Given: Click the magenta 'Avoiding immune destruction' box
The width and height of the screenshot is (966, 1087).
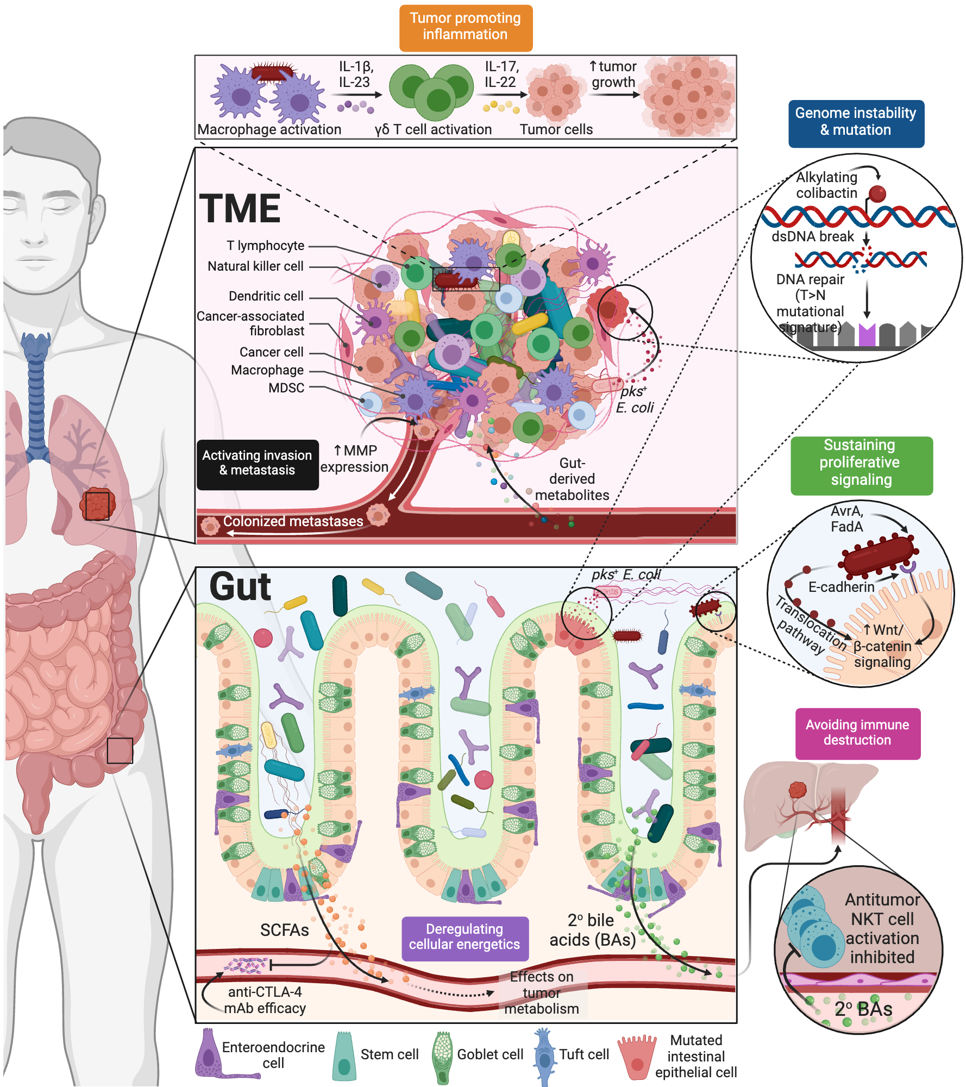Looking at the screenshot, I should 857,733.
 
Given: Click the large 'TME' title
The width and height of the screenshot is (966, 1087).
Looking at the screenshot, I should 240,209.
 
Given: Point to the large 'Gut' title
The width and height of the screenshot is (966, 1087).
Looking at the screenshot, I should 240,587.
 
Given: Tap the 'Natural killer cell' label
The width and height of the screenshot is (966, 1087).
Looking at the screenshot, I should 255,266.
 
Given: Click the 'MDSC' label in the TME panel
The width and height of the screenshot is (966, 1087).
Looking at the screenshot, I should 286,388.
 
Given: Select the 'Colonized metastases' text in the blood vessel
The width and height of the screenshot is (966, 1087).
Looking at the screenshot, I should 293,521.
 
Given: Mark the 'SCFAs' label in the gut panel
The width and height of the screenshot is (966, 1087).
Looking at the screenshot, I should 284,930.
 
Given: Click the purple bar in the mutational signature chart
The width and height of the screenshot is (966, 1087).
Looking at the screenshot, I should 867,335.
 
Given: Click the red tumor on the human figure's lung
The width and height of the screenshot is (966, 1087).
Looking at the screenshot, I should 97,504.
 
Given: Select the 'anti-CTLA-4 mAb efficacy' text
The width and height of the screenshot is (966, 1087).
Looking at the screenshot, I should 265,1000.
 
